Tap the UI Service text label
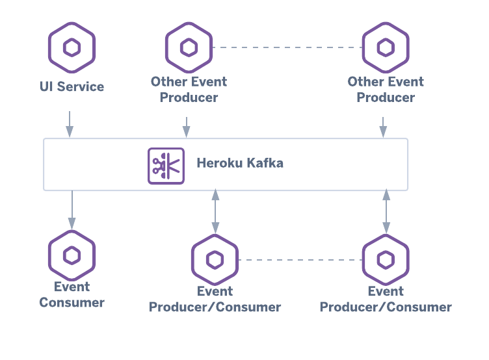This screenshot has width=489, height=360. (72, 86)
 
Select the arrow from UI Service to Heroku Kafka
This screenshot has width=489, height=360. (70, 123)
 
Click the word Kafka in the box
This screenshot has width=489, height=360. (265, 163)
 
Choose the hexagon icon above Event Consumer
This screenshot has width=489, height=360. (72, 255)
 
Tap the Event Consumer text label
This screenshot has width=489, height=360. (72, 294)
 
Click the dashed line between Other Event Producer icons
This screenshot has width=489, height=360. (287, 47)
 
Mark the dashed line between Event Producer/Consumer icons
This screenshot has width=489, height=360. (300, 260)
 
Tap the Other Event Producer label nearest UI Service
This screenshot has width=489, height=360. (189, 90)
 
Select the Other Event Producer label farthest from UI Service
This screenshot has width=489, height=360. (386, 90)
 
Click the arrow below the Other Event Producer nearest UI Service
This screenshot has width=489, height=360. (187, 127)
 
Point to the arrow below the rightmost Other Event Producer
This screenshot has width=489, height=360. (383, 127)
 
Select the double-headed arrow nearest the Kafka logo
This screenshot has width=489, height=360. (215, 211)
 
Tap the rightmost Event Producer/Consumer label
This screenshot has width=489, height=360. (386, 299)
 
